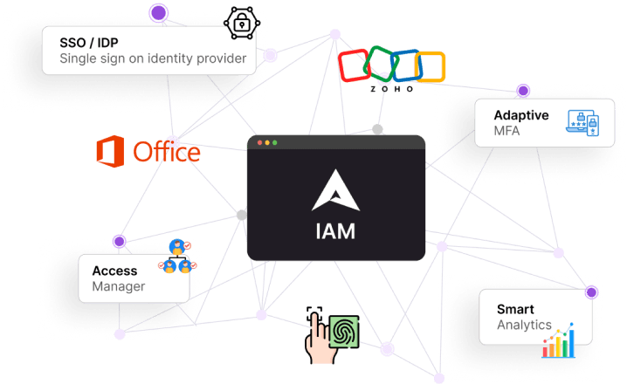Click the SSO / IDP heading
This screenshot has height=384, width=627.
[x=89, y=43]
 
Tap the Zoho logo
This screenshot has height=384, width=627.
[x=391, y=69]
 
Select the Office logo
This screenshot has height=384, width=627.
[x=148, y=152]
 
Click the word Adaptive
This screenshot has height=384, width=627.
[x=520, y=115]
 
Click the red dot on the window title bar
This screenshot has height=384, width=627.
[x=258, y=142]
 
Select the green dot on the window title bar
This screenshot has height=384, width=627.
[x=274, y=142]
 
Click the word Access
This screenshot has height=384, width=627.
[x=114, y=271]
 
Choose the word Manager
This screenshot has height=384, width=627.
[x=119, y=286]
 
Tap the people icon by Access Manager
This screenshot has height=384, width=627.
[x=178, y=256]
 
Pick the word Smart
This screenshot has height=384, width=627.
[x=515, y=309]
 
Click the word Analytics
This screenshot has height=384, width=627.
[x=524, y=325]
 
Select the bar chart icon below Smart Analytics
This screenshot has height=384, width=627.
[x=560, y=342]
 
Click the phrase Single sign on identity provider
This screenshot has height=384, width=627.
[x=158, y=59]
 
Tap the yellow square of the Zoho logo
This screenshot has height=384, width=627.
[x=430, y=67]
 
